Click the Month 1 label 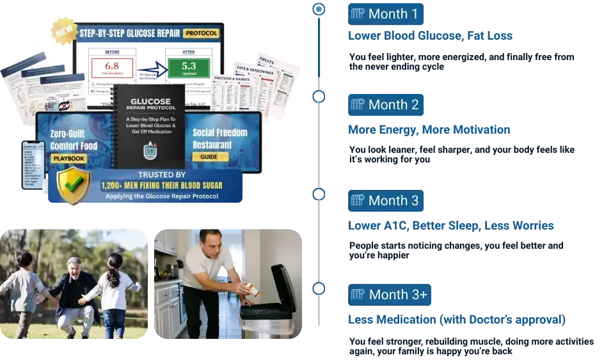pyautogui.click(x=393, y=14)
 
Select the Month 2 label pyautogui.click(x=393, y=104)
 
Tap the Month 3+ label pyautogui.click(x=398, y=295)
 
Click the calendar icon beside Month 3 pyautogui.click(x=358, y=200)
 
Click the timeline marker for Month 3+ pyautogui.click(x=319, y=289)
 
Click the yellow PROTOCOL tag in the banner pyautogui.click(x=200, y=33)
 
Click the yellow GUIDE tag pyautogui.click(x=210, y=156)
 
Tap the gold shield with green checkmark pyautogui.click(x=74, y=185)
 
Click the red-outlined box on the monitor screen pyautogui.click(x=112, y=67)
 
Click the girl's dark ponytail pyautogui.click(x=116, y=275)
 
